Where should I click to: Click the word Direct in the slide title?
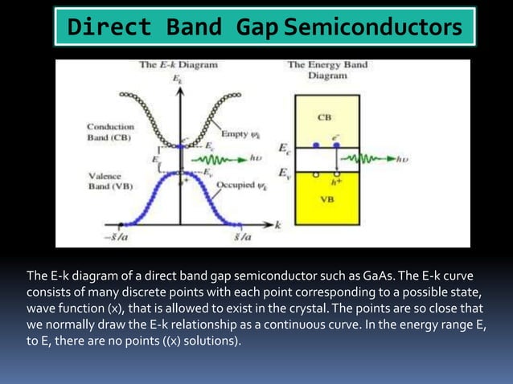coord(109,27)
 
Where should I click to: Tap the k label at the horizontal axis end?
coord(278,226)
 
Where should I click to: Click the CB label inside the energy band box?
coord(324,116)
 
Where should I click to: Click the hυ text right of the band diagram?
coord(404,159)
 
